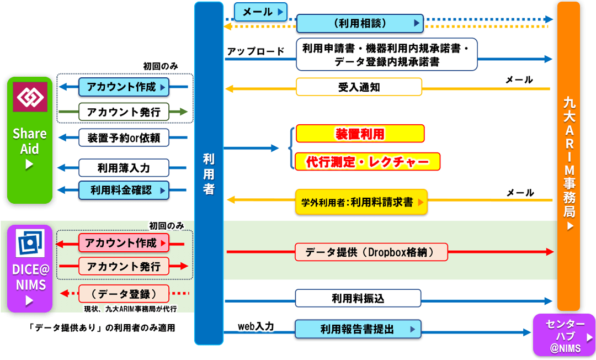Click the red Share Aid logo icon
click(x=30, y=97)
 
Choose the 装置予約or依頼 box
click(x=124, y=137)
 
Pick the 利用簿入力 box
click(x=124, y=167)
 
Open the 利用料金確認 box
click(x=124, y=190)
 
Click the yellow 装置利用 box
click(x=360, y=134)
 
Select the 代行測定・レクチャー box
click(x=368, y=162)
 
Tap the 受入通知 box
click(x=359, y=87)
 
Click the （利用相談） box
click(x=360, y=24)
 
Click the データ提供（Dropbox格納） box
click(x=370, y=252)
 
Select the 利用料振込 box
click(x=358, y=299)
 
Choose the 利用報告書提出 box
click(x=358, y=330)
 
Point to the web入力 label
click(x=256, y=326)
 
